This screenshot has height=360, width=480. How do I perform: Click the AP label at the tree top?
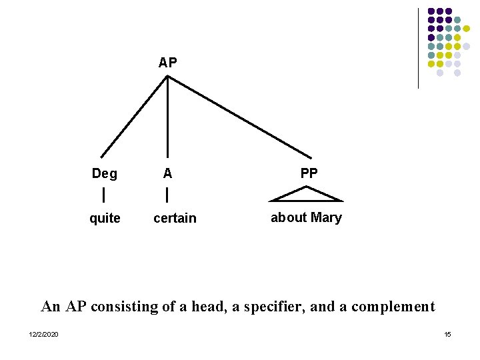pyautogui.click(x=168, y=63)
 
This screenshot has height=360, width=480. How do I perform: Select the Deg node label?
pyautogui.click(x=105, y=174)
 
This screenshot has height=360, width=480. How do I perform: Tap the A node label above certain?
pyautogui.click(x=167, y=173)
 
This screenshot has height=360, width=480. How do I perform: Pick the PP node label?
pyautogui.click(x=309, y=173)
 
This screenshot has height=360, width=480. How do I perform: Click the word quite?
pyautogui.click(x=105, y=219)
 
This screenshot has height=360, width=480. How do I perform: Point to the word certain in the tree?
pyautogui.click(x=175, y=219)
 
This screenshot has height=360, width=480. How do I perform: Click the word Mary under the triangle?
pyautogui.click(x=326, y=217)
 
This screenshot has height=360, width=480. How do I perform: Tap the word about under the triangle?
pyautogui.click(x=289, y=217)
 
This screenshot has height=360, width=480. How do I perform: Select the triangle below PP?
pyautogui.click(x=306, y=195)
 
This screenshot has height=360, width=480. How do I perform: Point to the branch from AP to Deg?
pyautogui.click(x=133, y=117)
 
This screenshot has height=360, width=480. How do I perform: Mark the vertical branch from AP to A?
pyautogui.click(x=167, y=117)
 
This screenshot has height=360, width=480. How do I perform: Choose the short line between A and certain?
pyautogui.click(x=167, y=195)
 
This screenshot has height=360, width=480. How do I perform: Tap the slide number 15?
pyautogui.click(x=447, y=334)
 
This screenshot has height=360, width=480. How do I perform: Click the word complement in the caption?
pyautogui.click(x=393, y=307)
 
